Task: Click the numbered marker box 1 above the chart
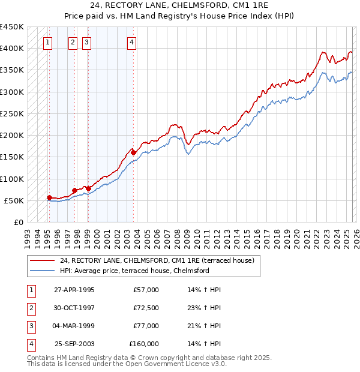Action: tap(47, 42)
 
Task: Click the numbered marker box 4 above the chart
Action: tap(131, 42)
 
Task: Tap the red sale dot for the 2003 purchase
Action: tap(133, 152)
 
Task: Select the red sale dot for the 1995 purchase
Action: tap(49, 197)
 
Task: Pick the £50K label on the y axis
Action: tap(14, 200)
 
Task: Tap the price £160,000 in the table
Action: tap(144, 344)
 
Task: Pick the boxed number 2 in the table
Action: tap(31, 308)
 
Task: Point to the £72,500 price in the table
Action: tap(146, 308)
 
